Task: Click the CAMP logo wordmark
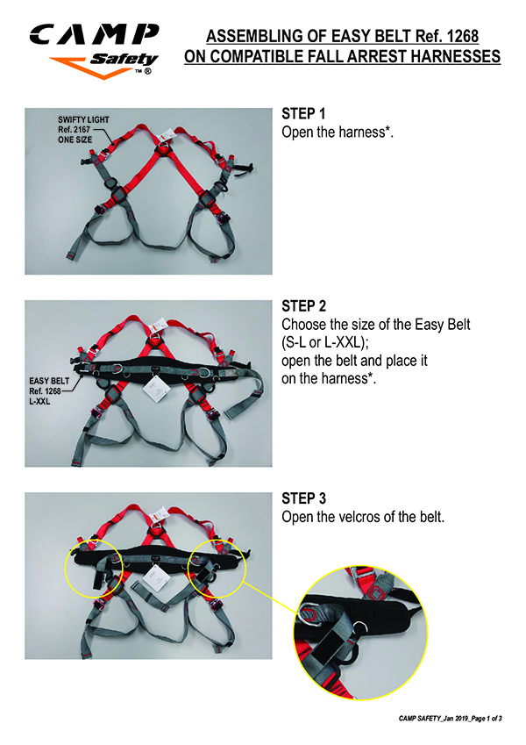point(94,35)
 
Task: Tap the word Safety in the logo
point(124,60)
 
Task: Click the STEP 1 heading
point(303,113)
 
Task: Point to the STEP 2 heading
point(304,306)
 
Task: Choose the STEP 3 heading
point(304,498)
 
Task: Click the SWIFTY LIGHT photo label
point(83,129)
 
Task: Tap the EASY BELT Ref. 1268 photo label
point(49,391)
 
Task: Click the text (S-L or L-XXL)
point(324,342)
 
